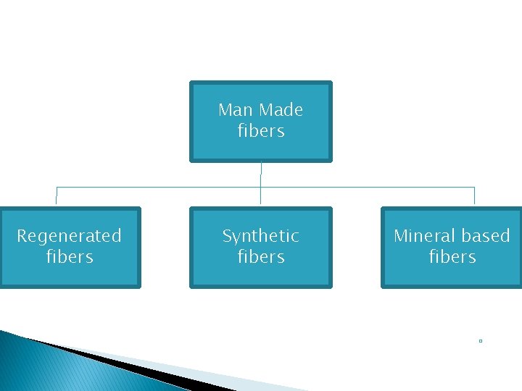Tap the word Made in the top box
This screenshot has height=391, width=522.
click(x=281, y=110)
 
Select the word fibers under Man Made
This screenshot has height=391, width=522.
click(x=261, y=131)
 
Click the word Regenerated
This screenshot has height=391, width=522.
click(x=69, y=236)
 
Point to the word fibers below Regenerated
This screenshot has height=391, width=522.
click(x=70, y=257)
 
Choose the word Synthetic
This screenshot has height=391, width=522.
click(x=260, y=236)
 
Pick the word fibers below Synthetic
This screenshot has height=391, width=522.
click(x=261, y=257)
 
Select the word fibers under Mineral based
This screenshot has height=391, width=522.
click(x=452, y=257)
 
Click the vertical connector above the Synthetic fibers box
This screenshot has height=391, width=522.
click(x=261, y=197)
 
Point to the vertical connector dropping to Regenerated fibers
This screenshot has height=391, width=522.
click(x=57, y=196)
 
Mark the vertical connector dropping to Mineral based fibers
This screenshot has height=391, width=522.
click(x=474, y=196)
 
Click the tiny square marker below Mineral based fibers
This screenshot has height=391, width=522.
click(x=481, y=340)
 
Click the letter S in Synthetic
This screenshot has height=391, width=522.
click(x=226, y=236)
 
